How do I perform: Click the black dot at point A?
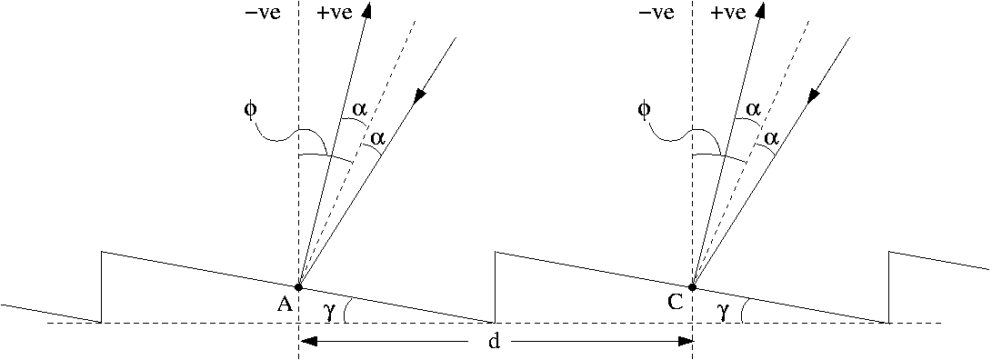pos(298,286)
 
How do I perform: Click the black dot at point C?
pos(693,286)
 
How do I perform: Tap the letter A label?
pos(284,305)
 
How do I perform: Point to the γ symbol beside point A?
pos(328,312)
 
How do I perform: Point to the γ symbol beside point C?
pos(723,312)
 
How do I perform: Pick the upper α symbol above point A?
pos(360,109)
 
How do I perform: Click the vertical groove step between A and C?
pos(496,286)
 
